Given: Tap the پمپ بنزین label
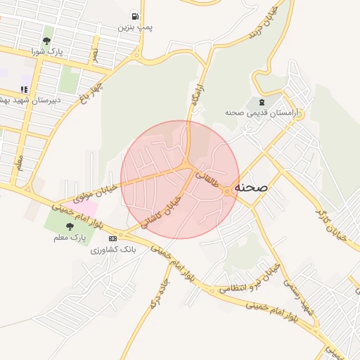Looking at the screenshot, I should point(134,27).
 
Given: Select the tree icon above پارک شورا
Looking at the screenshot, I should point(46,41).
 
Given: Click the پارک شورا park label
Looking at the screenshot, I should point(47,52).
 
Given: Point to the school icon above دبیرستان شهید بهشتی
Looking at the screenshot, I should point(24,89).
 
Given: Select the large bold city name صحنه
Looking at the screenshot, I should point(254,188).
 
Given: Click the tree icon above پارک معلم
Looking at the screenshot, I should point(69,226).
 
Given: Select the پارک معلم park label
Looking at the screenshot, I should point(69,238).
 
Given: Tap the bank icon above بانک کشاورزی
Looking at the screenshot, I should point(113,238).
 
